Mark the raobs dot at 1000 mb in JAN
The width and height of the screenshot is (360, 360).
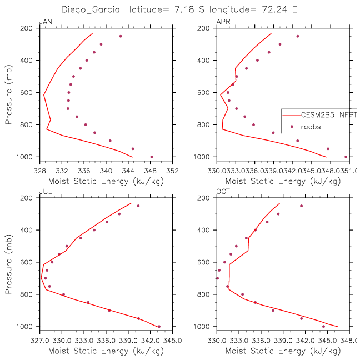(x=152, y=157)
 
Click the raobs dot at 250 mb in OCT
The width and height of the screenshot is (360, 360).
(x=301, y=206)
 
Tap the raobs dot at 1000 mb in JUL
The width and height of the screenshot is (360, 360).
(x=159, y=326)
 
